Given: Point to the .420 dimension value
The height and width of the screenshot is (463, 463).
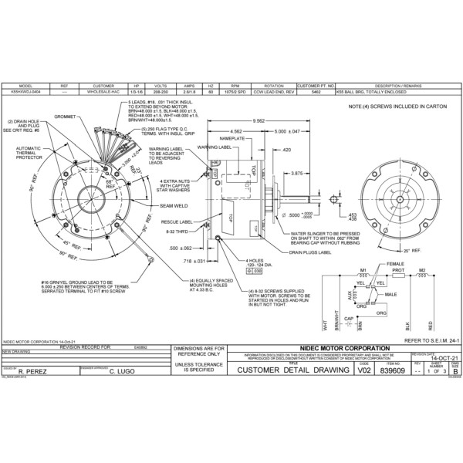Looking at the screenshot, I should pos(286,149).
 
